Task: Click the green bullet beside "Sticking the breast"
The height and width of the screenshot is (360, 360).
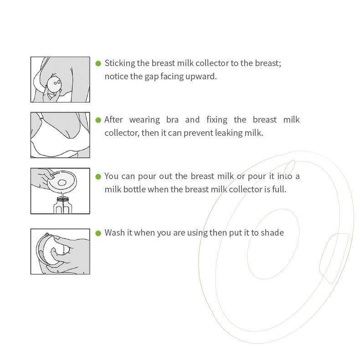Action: (98, 63)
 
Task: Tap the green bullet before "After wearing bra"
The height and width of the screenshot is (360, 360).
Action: (98, 120)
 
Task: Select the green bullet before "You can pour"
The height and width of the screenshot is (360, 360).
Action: (98, 176)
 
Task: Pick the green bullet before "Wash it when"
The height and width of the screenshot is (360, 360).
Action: (98, 233)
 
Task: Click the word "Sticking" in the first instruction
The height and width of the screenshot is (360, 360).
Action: (120, 63)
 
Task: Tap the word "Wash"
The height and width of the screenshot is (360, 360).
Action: (114, 233)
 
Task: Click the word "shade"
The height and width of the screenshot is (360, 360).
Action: (273, 233)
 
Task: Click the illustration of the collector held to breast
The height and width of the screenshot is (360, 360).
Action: (60, 79)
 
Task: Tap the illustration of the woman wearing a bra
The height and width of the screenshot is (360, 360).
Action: (60, 135)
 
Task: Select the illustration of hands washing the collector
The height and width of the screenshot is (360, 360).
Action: (60, 251)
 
